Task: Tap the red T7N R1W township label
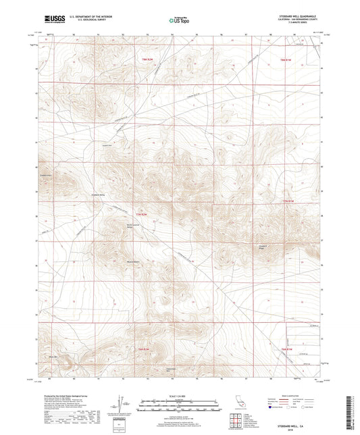point(288,201)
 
